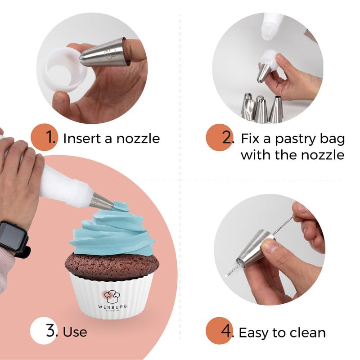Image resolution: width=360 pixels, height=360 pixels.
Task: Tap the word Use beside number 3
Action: [75, 333]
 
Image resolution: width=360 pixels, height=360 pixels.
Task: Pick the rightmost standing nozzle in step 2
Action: [276, 110]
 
